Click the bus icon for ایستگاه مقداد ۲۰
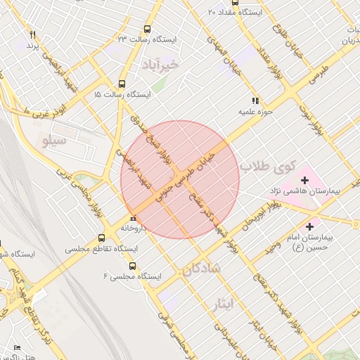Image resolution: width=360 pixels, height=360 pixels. coord(212,12)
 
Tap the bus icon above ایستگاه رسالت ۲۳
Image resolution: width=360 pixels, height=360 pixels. coord(147,29)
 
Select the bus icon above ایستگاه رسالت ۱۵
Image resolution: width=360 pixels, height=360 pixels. coord(122,83)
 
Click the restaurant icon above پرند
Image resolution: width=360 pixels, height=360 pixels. coord(32,34)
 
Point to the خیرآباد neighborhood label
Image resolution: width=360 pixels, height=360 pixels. coord(161,65)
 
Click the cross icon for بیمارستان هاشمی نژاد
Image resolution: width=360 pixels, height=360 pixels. coord(304,181)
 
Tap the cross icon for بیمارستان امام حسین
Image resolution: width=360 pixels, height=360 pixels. coord(309,225)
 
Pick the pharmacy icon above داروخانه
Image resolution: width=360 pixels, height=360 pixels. coord(134,218)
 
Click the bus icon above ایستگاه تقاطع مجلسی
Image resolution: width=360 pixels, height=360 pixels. coord(102,238)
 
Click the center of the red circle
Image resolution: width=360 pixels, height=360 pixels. coord(180,179)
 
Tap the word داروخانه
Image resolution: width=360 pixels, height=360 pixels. coord(134,228)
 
